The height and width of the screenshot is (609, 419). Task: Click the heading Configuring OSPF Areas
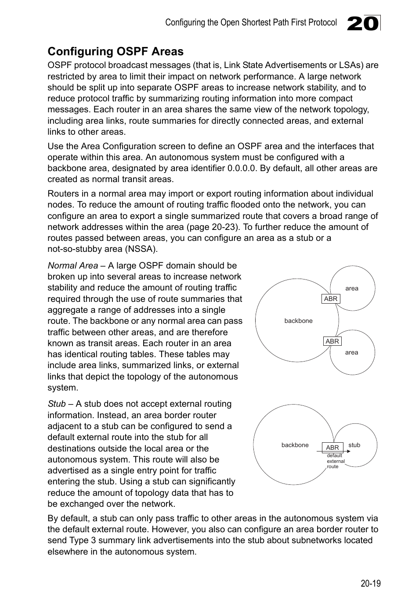[116, 51]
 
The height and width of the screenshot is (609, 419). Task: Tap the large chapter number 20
[362, 23]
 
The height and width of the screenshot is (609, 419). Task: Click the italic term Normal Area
[72, 265]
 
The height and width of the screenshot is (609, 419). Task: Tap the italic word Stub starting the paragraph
[56, 404]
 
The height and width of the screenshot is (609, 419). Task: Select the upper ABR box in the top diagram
[331, 299]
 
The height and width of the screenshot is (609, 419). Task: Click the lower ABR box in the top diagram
[332, 341]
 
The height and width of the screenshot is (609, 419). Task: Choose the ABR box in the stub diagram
[332, 447]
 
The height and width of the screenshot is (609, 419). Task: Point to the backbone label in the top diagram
[298, 321]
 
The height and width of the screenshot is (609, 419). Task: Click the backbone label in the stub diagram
[295, 445]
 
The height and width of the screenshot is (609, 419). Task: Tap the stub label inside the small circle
[354, 445]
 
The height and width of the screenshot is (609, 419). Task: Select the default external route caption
[336, 461]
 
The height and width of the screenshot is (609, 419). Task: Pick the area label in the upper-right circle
[351, 288]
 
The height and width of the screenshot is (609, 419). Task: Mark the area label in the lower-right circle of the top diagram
[351, 352]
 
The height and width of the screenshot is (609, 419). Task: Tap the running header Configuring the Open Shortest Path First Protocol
[251, 22]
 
